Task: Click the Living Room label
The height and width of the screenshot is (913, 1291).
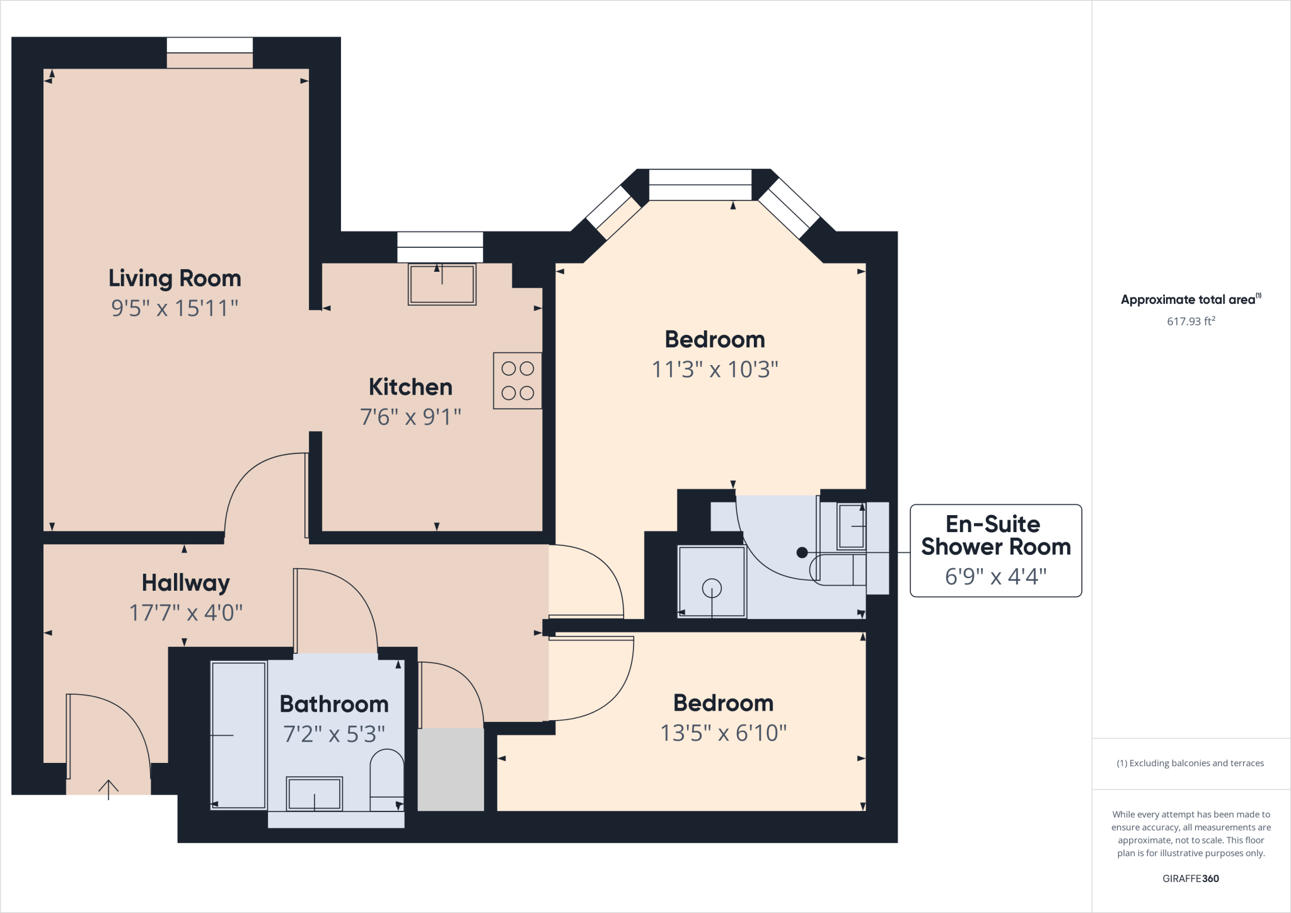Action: [175, 278]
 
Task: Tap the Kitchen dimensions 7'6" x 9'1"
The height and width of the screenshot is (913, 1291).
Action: [410, 417]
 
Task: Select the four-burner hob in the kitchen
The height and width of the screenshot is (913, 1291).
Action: [518, 381]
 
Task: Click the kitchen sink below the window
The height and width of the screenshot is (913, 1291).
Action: [442, 284]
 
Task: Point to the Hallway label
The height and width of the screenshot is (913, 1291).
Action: [185, 583]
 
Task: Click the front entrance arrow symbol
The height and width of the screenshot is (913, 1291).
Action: [108, 789]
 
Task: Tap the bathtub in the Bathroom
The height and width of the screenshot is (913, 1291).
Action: [238, 735]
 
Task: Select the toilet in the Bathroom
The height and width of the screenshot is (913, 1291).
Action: [386, 779]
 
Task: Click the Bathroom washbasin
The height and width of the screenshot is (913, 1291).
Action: [315, 794]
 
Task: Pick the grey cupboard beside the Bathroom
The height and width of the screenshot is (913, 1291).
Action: [451, 770]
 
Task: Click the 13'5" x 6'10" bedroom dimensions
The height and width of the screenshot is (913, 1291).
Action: [723, 733]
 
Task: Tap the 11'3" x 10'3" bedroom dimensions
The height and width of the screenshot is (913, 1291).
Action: [715, 369]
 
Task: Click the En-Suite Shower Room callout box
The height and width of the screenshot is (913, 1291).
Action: [995, 550]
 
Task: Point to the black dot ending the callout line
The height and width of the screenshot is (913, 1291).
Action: [802, 552]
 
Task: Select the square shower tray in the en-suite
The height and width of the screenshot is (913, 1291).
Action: [712, 582]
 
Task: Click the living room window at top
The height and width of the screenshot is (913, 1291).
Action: [210, 45]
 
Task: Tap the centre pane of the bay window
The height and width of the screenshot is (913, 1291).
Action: [700, 185]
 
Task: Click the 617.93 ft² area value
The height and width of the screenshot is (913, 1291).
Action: [1191, 321]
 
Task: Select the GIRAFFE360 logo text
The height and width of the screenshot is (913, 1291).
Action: [1190, 878]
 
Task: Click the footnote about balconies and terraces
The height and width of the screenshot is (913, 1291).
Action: [1190, 763]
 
